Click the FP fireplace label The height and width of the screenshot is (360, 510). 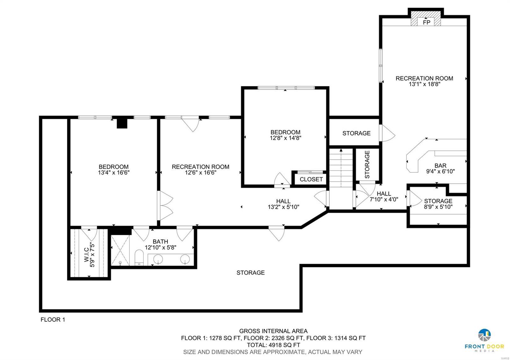click(426, 22)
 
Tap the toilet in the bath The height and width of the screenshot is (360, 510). click(139, 257)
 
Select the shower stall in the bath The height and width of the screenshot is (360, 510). click(120, 250)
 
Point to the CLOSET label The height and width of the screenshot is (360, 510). click(311, 179)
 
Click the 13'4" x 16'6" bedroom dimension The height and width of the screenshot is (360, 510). click(113, 173)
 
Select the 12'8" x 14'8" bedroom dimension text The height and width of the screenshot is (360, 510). click(285, 138)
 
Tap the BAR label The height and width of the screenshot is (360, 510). click(440, 166)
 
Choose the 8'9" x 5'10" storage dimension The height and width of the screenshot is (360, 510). click(438, 207)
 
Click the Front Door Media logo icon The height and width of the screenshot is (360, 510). click(484, 335)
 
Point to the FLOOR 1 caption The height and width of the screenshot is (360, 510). click(53, 320)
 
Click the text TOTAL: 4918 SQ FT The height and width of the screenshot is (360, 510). click(273, 345)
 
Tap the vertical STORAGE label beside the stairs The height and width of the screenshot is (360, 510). click(367, 164)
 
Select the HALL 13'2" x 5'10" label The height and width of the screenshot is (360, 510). click(283, 204)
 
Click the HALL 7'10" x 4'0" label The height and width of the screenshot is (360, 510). click(384, 197)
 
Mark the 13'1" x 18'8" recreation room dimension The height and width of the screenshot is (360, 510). click(424, 84)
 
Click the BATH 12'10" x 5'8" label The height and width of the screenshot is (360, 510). click(160, 244)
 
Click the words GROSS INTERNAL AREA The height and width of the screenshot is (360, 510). click(273, 331)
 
